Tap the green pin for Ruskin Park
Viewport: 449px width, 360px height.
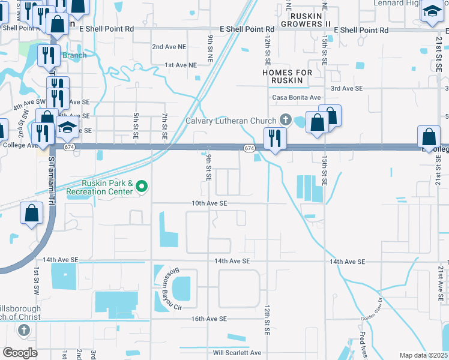coord(142,187)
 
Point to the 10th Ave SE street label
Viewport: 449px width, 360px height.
coord(209,203)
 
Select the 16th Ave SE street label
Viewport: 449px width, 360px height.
coord(209,319)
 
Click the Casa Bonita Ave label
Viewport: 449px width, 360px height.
coord(297,97)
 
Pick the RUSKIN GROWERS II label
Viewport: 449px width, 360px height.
coord(310,24)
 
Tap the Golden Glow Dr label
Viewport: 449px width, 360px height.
coord(372,308)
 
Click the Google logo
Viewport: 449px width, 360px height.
coord(20,352)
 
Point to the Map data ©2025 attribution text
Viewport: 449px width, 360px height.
coord(423,355)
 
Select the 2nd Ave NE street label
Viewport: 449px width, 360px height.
coord(169,46)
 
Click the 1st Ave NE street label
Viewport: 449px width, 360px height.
coord(181,65)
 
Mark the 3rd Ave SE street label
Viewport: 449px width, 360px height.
coord(347,88)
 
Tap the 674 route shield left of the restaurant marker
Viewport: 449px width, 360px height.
coord(249,148)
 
